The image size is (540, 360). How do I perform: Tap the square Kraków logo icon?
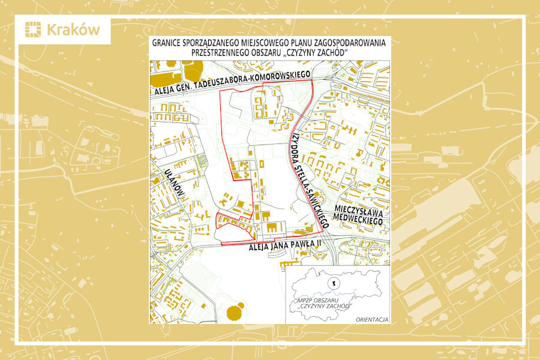click(x=33, y=30)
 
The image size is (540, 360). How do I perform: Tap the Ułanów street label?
click(x=175, y=182)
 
